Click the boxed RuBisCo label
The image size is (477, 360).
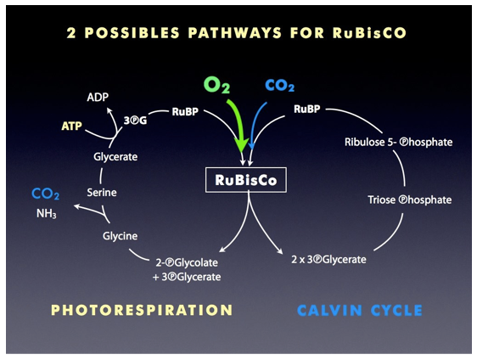click(246, 180)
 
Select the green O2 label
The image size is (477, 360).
click(217, 85)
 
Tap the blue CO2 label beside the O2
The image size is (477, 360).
click(280, 86)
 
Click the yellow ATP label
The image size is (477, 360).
click(72, 126)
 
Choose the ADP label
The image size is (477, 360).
click(98, 97)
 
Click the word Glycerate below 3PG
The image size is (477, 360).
click(115, 157)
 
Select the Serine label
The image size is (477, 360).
click(102, 193)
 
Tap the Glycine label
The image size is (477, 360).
click(120, 236)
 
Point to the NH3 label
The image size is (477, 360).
click(46, 213)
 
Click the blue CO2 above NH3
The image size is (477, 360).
click(46, 194)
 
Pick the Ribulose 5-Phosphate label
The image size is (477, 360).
click(399, 142)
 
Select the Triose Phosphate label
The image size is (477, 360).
click(409, 200)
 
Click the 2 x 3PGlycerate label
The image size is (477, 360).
click(328, 260)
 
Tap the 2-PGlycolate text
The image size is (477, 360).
click(187, 262)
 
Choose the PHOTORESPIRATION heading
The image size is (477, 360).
click(142, 310)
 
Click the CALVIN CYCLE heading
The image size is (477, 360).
click(360, 311)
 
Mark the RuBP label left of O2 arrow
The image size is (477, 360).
click(185, 112)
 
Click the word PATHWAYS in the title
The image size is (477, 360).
click(234, 33)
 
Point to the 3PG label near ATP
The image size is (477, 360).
click(135, 121)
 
